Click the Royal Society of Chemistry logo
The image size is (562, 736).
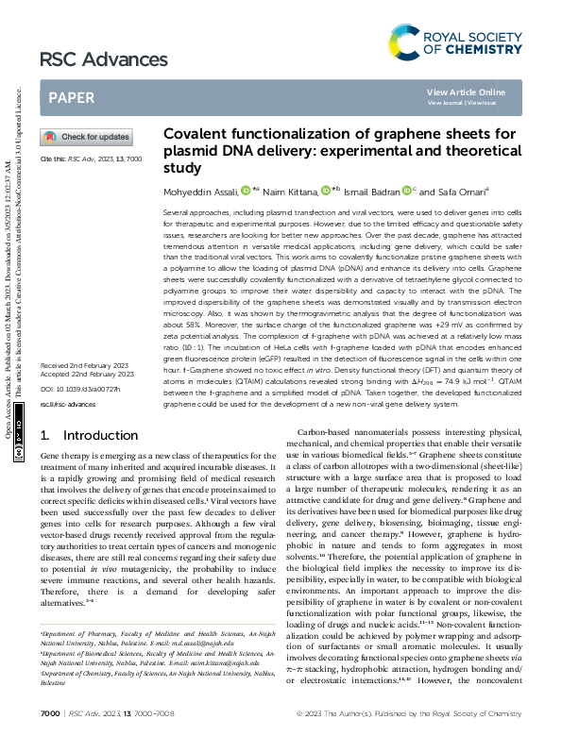tap(454, 42)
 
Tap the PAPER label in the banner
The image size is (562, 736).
tap(71, 97)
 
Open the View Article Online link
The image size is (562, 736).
tap(479, 92)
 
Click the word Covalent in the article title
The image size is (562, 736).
tap(195, 135)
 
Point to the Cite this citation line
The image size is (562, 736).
tap(90, 159)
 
